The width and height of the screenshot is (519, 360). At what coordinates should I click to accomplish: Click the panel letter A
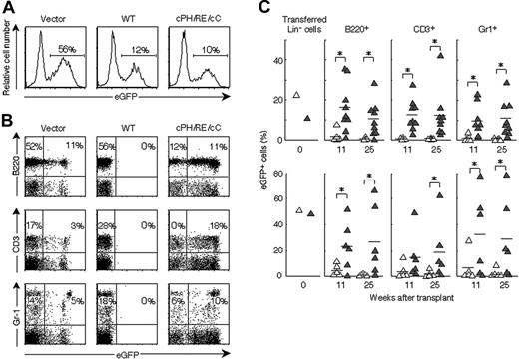8,8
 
